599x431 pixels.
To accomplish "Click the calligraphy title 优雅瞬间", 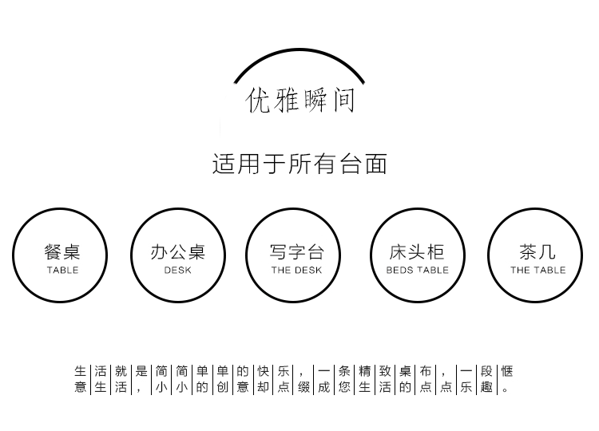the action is (x=300, y=101).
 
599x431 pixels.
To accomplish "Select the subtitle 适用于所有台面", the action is (x=299, y=164).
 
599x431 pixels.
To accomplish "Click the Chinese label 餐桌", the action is (x=62, y=252).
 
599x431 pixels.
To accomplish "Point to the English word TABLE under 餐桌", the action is (x=62, y=271).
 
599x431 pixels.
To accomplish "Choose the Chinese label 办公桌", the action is (x=177, y=252).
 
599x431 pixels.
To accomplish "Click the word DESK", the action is (x=177, y=271).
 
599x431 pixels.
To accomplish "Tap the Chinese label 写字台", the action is (x=296, y=252).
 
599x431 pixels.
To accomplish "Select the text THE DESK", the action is (x=296, y=271).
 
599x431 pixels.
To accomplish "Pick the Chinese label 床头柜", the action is (x=417, y=252).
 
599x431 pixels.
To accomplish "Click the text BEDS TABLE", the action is (x=417, y=271).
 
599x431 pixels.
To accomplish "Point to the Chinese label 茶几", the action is (x=538, y=252).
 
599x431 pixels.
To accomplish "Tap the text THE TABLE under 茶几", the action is (x=538, y=271).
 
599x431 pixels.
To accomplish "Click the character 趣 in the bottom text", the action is (x=486, y=387).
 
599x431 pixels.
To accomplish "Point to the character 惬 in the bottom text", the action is (x=506, y=371).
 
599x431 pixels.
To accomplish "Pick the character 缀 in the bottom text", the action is (x=303, y=387).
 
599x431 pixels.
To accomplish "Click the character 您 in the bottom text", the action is (x=344, y=387).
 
